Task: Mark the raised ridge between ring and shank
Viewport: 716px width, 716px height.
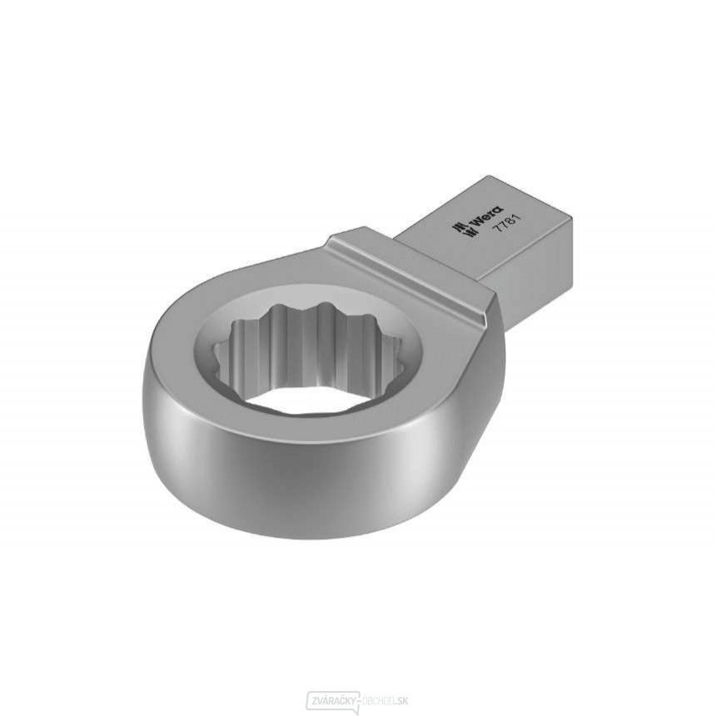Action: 408,266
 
